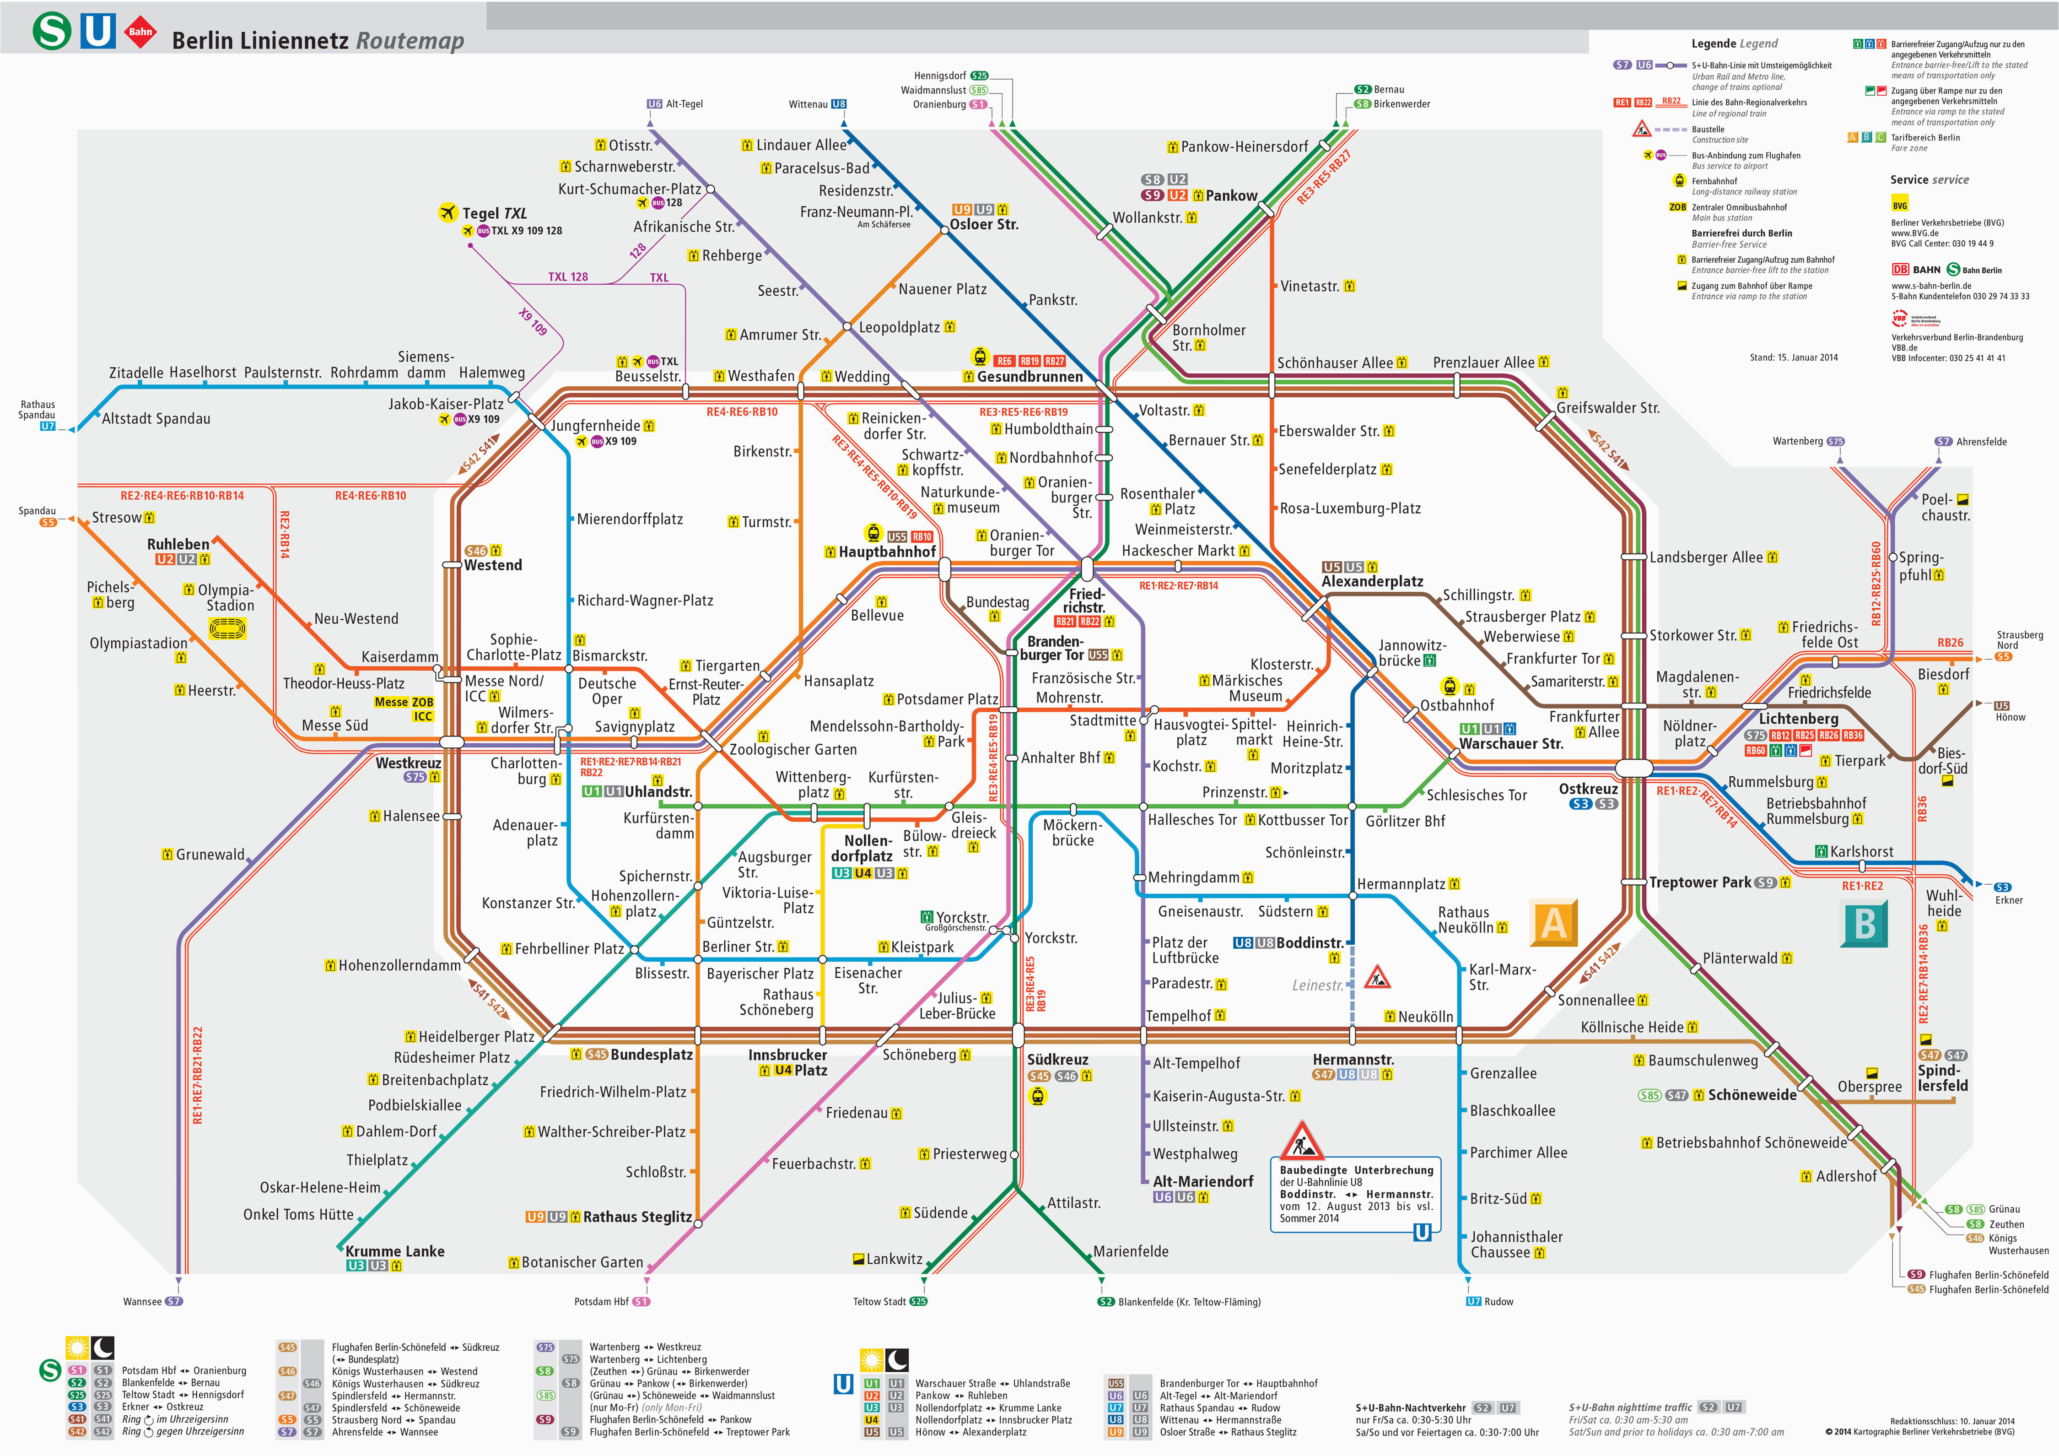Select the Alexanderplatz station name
pos(1372,581)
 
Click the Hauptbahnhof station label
pos(887,552)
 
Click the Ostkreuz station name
pos(1588,789)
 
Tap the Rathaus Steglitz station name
pos(638,1218)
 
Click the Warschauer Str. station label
pos(1511,744)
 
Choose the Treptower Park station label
pos(1700,883)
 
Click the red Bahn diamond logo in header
pos(140,32)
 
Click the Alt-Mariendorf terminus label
pos(1202,1181)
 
